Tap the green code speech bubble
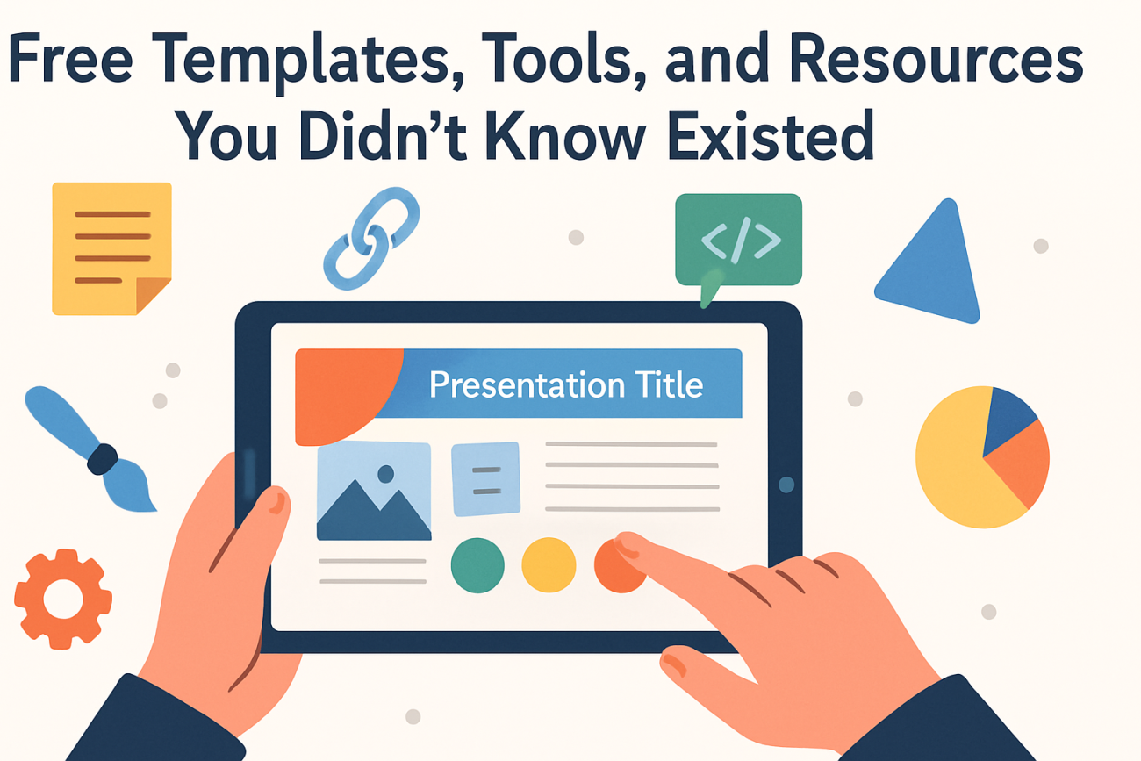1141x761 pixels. [738, 239]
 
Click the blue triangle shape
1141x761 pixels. [932, 263]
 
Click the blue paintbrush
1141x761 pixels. [88, 448]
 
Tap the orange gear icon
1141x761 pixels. [61, 599]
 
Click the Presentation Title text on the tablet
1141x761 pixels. [566, 385]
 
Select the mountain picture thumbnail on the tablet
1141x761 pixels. [374, 491]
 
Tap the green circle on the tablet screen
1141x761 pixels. [477, 565]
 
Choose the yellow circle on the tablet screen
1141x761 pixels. [549, 565]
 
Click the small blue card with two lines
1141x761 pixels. [485, 479]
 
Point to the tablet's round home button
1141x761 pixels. [786, 485]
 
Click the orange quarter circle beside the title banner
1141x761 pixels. [338, 391]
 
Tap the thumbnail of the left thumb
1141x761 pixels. [276, 502]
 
